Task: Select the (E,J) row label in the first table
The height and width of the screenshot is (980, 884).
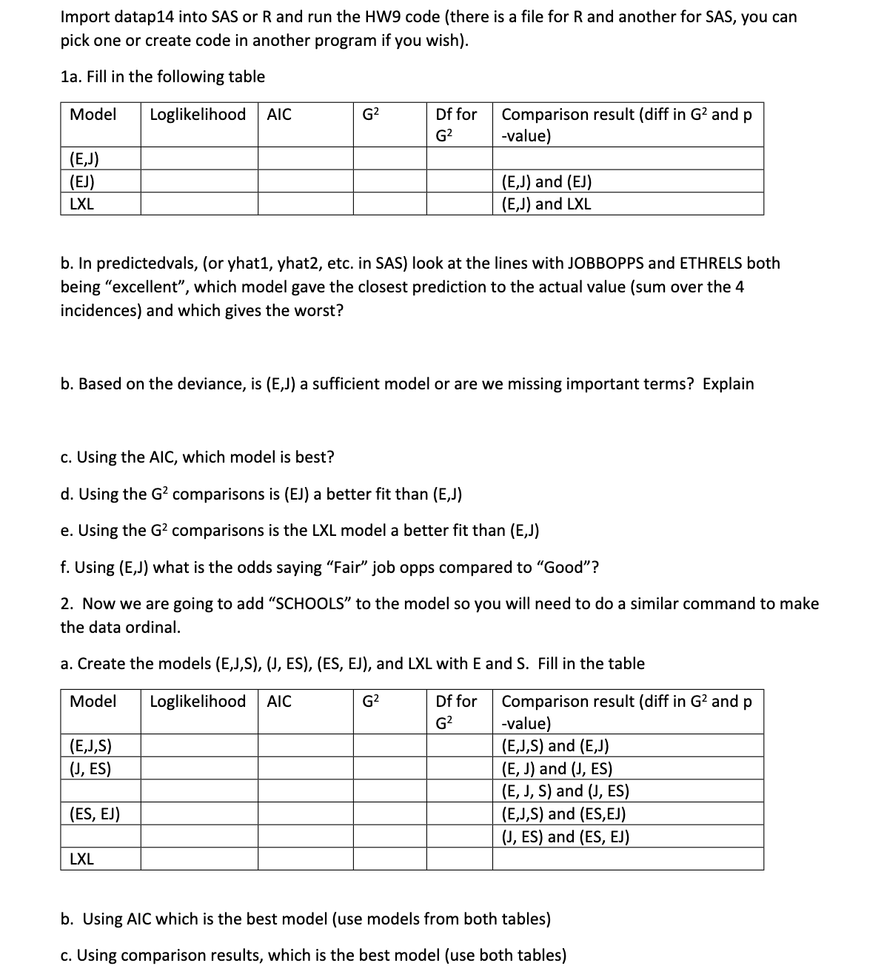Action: point(84,158)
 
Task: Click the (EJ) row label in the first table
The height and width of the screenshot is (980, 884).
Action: point(81,181)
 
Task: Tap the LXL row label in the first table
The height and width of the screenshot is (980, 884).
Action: point(81,204)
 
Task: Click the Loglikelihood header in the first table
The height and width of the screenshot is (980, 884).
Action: point(198,115)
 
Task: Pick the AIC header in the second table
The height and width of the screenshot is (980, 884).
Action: point(279,702)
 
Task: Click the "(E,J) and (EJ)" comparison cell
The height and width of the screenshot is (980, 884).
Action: point(546,182)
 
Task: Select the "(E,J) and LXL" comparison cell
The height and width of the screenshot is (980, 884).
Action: point(546,204)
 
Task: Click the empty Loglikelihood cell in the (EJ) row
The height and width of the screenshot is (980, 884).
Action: point(199,181)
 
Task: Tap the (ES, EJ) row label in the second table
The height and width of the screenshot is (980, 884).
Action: point(95,815)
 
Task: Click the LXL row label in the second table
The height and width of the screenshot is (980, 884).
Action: point(81,859)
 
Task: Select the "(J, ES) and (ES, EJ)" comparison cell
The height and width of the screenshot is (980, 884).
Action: point(566,837)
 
